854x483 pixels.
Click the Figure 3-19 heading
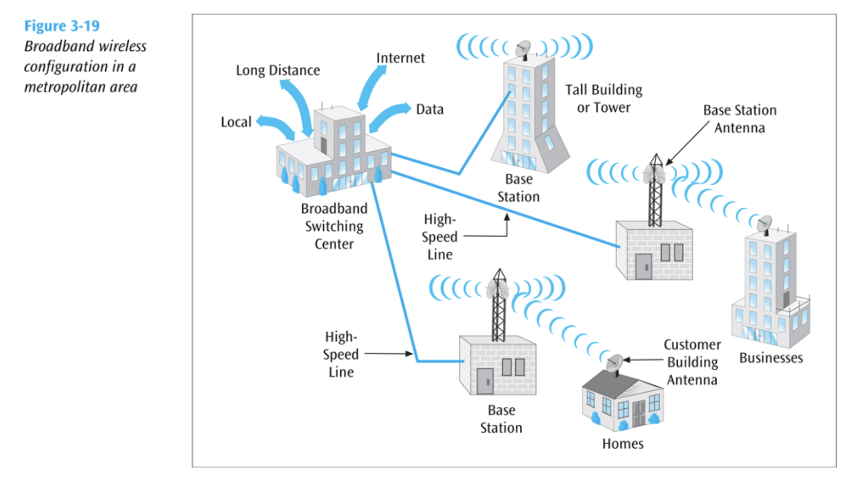click(62, 26)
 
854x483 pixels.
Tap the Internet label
click(400, 58)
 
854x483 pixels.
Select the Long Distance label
click(278, 70)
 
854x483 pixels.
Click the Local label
click(236, 122)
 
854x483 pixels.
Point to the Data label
click(430, 109)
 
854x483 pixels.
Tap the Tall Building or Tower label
click(603, 99)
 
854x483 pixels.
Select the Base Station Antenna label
click(739, 119)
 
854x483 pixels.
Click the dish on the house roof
click(614, 363)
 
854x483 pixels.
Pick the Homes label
click(622, 444)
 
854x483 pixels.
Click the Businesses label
click(771, 358)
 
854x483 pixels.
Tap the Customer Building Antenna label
click(692, 362)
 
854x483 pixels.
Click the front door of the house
click(638, 413)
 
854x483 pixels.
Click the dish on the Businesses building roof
click(765, 223)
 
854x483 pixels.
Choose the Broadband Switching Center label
click(334, 226)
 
